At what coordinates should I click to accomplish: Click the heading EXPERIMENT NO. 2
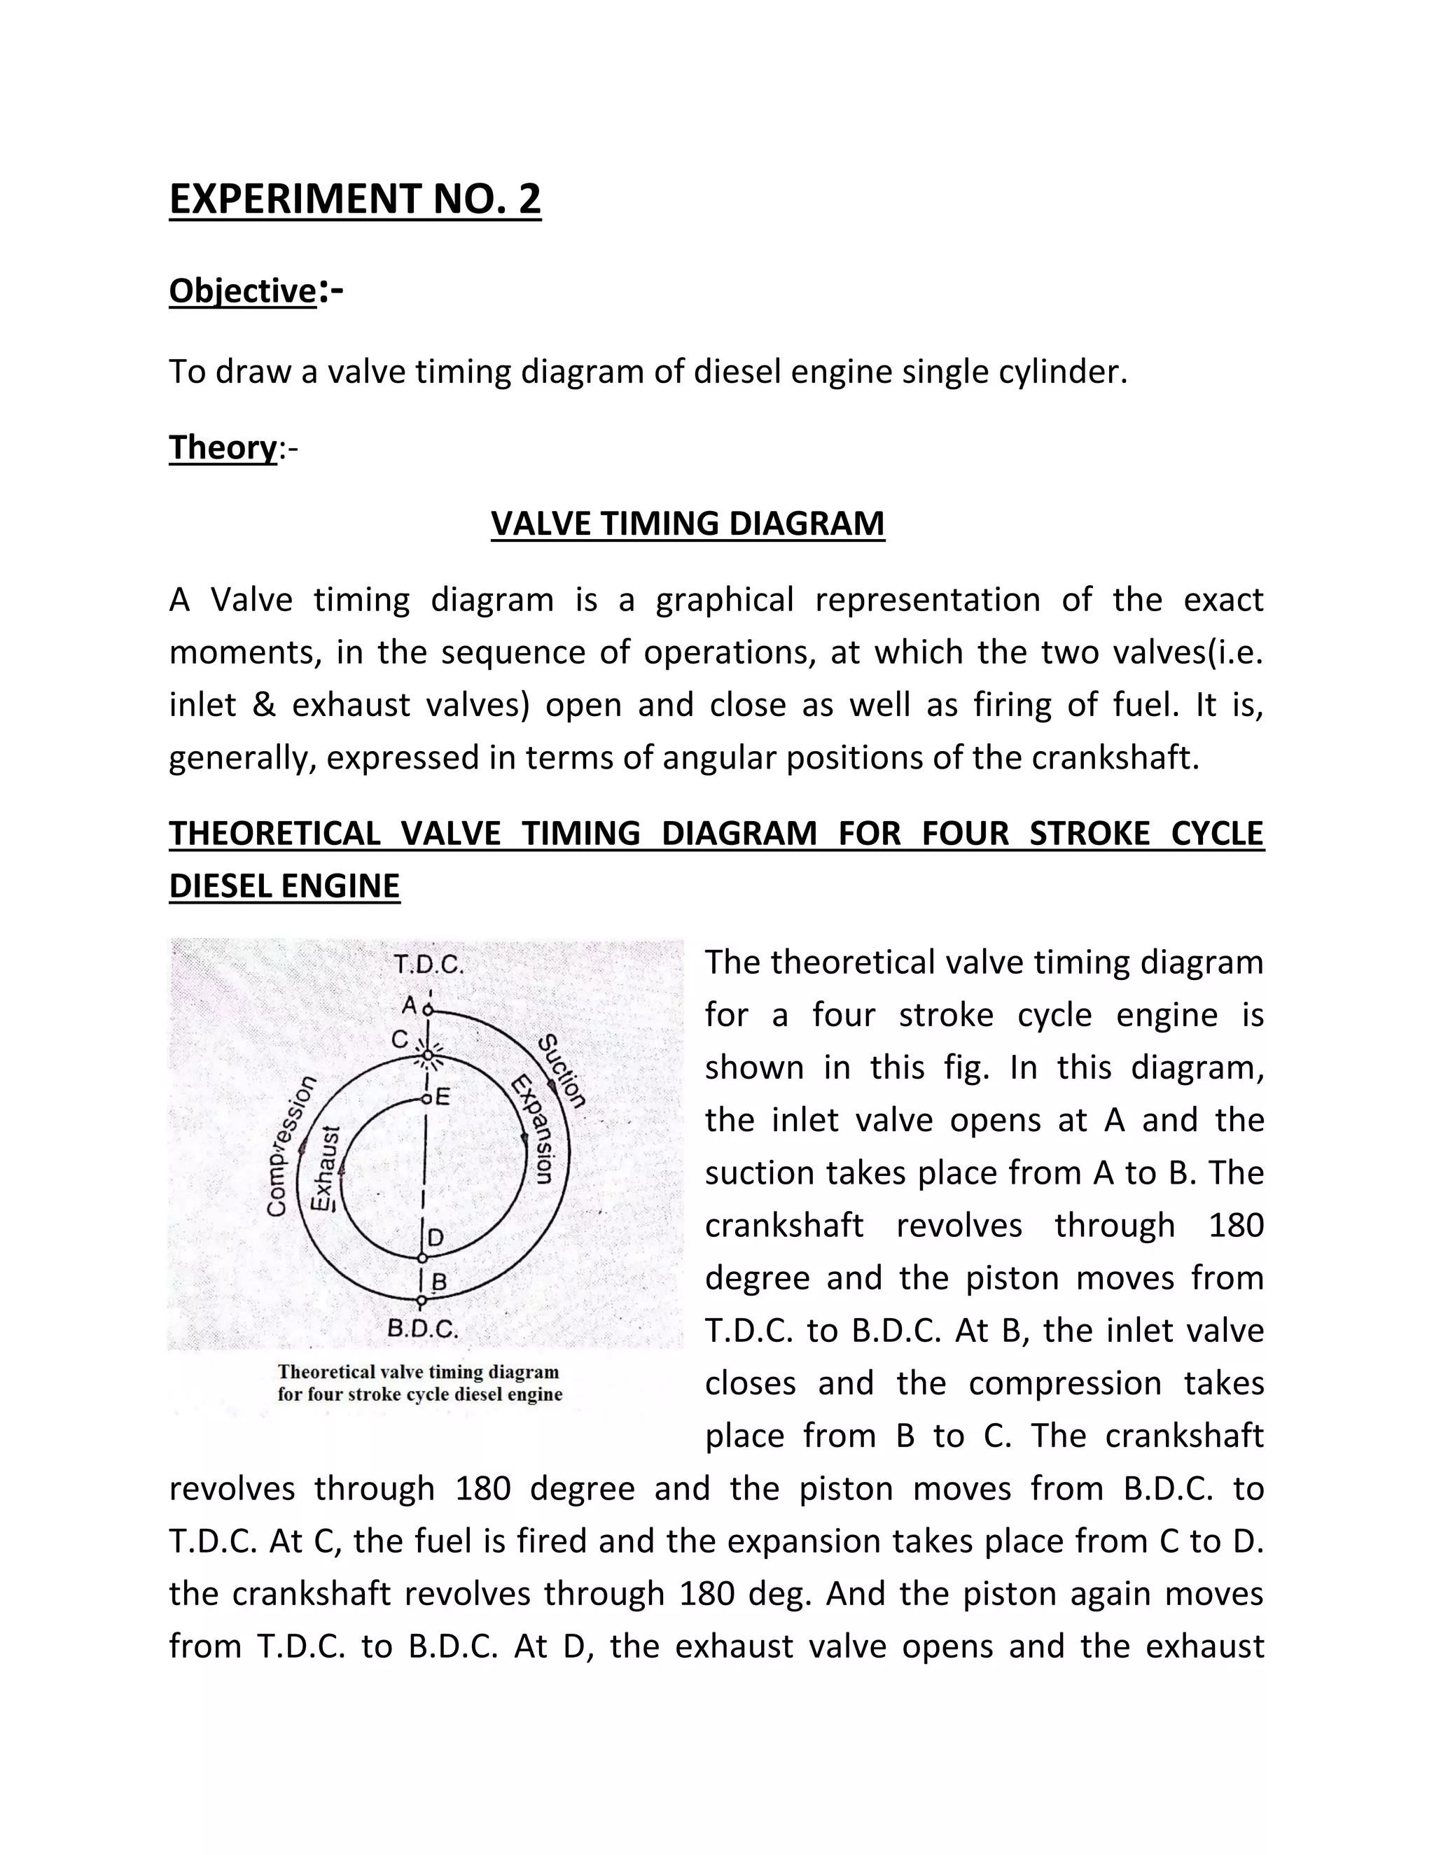point(355,199)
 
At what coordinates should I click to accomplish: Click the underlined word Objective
point(243,290)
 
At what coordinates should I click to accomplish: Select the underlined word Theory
point(223,447)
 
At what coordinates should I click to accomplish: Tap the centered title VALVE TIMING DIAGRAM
point(688,523)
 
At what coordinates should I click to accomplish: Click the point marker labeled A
point(428,1011)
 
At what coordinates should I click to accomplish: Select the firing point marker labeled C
point(428,1056)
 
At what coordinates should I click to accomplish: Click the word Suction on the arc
point(563,1071)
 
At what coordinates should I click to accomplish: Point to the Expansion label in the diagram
point(534,1130)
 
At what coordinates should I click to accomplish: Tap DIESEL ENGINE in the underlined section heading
point(284,886)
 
